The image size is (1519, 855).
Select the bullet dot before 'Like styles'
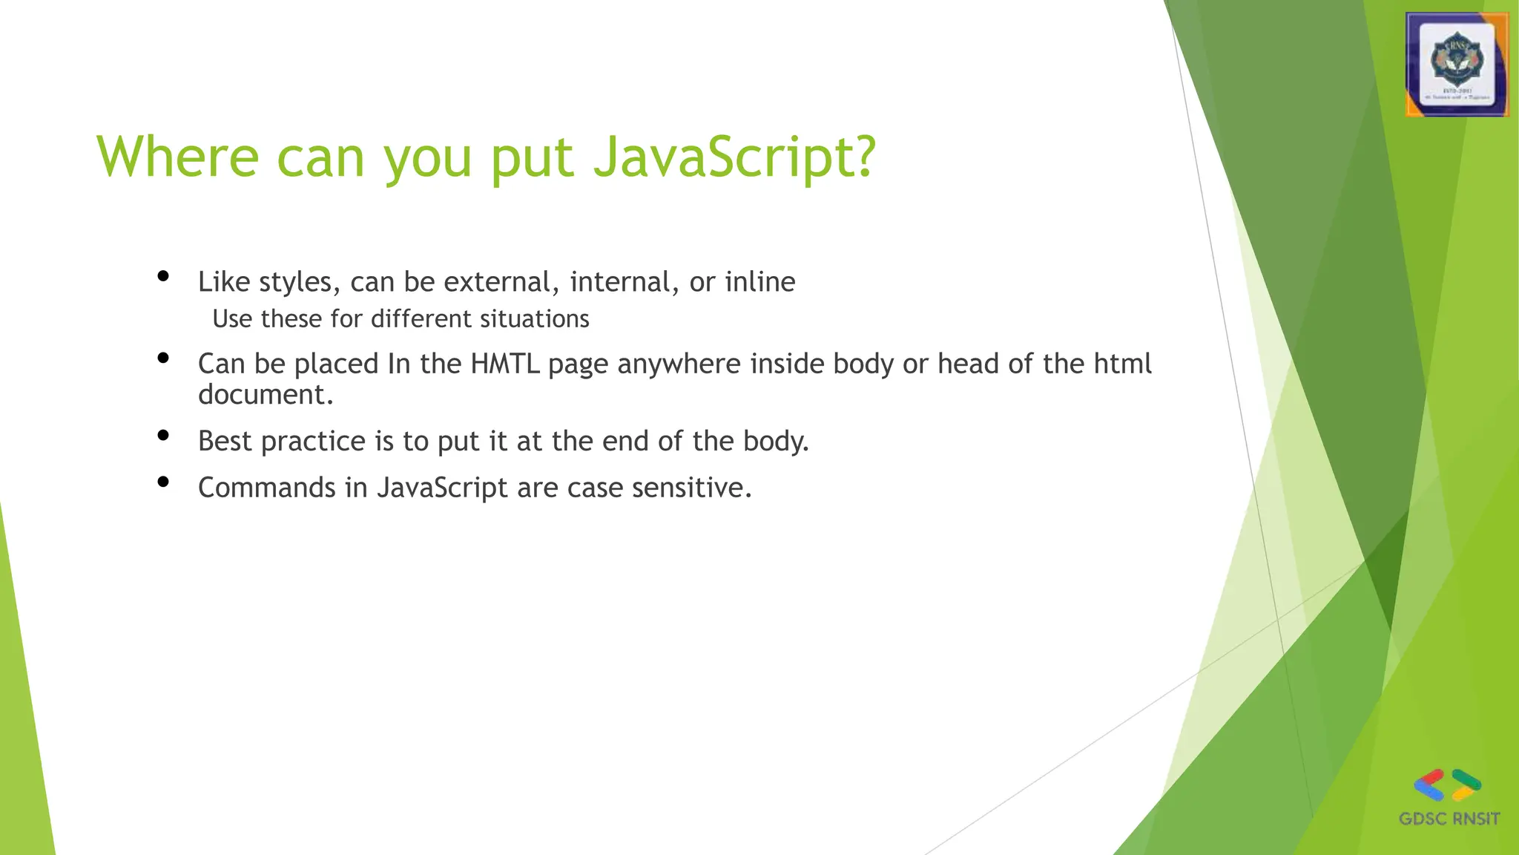(x=164, y=278)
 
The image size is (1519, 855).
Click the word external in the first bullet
(x=501, y=282)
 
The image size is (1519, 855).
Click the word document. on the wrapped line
(x=266, y=395)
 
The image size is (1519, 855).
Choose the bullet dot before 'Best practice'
(x=164, y=436)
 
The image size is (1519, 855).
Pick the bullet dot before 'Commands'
(x=164, y=482)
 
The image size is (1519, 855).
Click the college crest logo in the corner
(x=1457, y=65)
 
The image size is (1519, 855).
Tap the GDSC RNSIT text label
(x=1449, y=819)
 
